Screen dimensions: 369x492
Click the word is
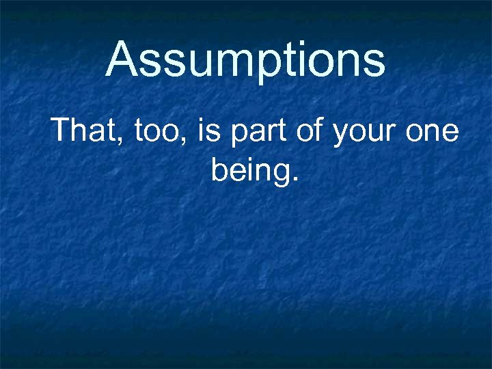click(209, 129)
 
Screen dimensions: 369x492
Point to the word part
click(260, 131)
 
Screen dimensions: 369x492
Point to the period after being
click(295, 180)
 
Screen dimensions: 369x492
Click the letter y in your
click(341, 133)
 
